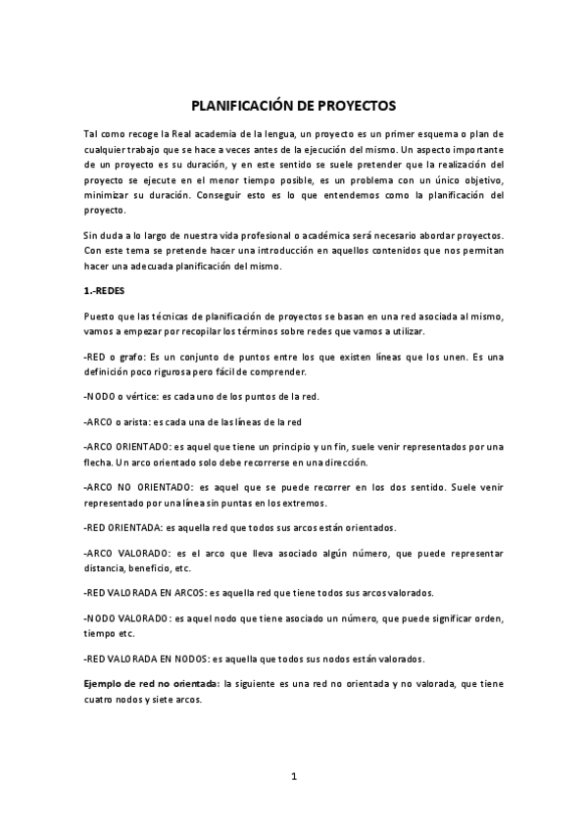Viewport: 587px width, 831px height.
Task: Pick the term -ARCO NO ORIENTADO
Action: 135,487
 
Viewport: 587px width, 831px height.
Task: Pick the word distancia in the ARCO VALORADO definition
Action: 104,567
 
